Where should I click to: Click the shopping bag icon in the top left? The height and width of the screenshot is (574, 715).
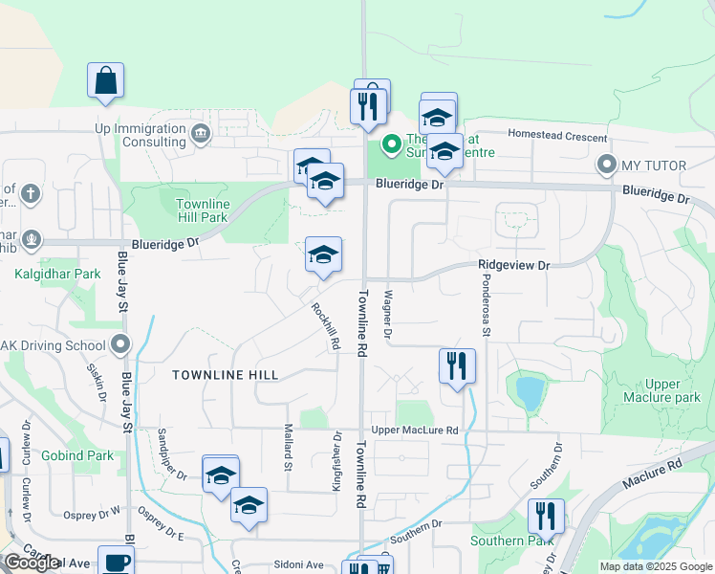[105, 82]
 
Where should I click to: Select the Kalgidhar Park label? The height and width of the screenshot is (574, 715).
[57, 274]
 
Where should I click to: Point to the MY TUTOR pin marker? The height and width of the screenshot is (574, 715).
[605, 166]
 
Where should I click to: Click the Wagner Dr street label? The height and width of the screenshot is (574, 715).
[387, 316]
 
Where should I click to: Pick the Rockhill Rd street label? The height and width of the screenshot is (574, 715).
[326, 326]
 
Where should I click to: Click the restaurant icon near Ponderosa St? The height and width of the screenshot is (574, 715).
[457, 366]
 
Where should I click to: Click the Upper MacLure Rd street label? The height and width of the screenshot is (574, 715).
[415, 430]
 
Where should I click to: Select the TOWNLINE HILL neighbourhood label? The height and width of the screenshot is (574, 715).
[226, 375]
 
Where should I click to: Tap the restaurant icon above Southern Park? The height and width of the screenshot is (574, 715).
[546, 517]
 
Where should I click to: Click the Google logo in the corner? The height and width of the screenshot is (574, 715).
[32, 563]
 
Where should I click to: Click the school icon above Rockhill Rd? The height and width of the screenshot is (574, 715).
[323, 255]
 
